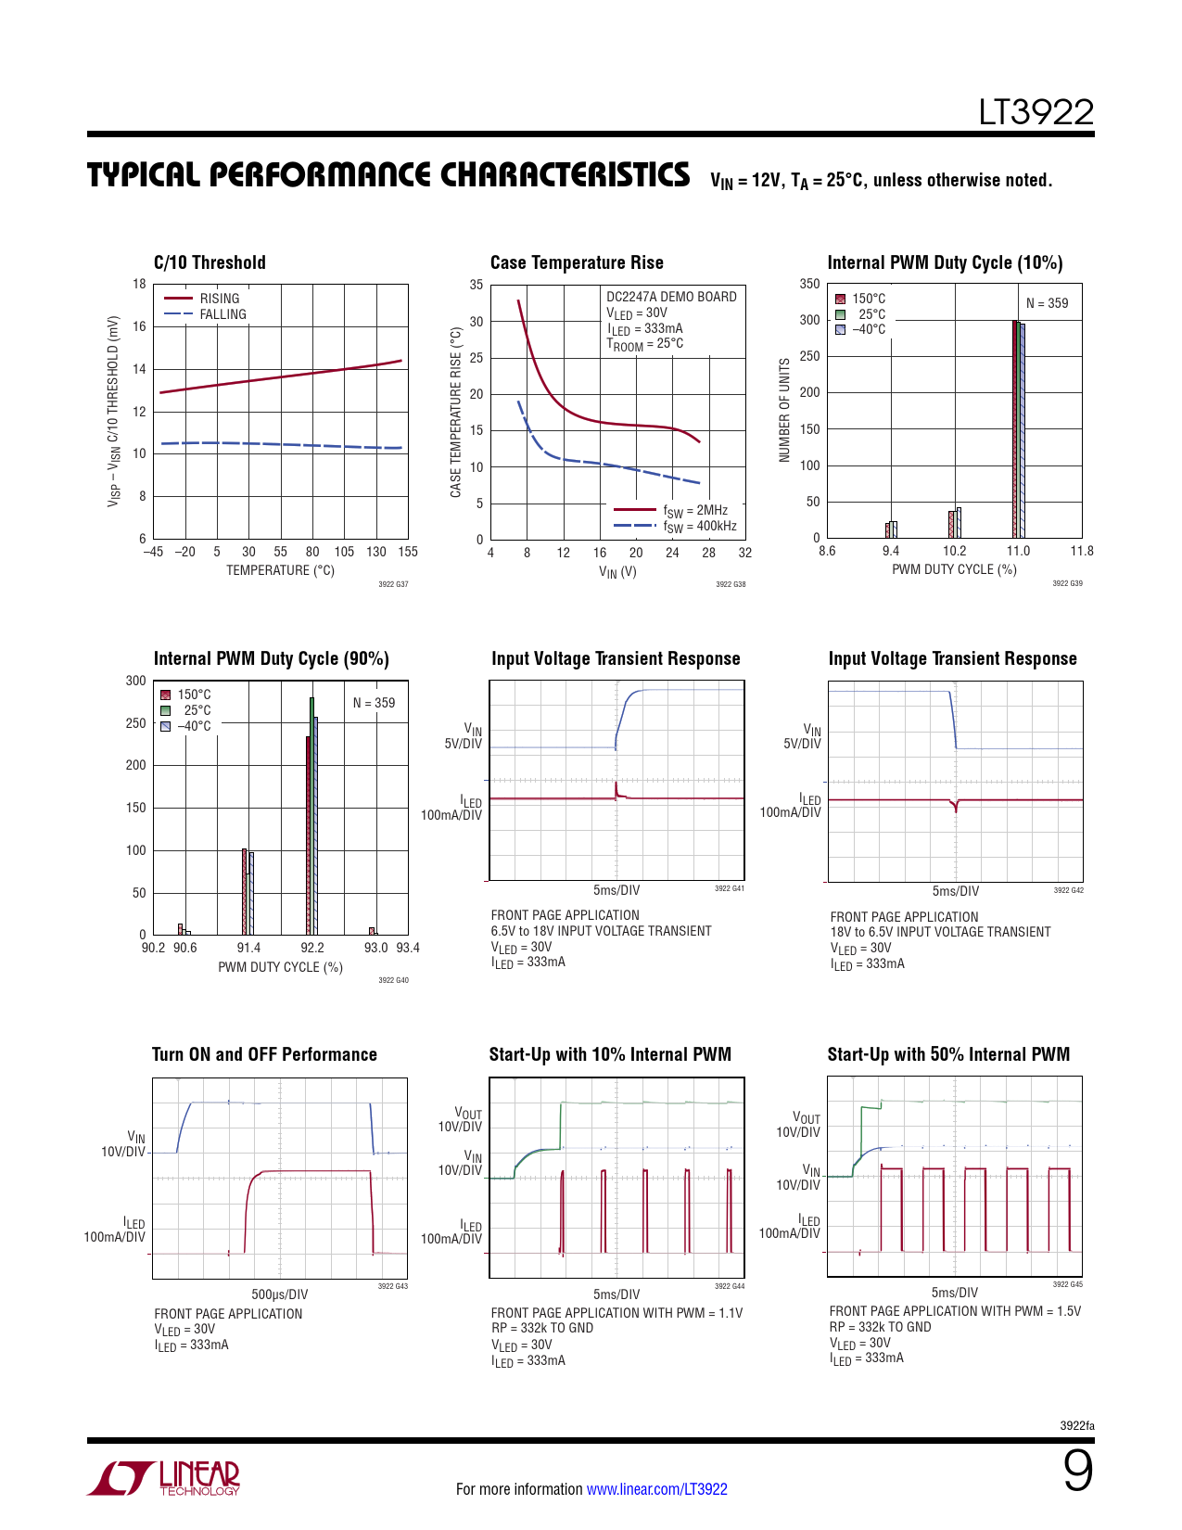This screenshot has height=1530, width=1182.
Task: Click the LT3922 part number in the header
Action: click(1036, 113)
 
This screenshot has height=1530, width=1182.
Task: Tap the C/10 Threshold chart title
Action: click(210, 262)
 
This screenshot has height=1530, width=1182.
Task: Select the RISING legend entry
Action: click(219, 299)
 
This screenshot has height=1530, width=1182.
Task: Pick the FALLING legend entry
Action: click(222, 314)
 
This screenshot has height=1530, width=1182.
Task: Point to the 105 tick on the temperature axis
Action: click(344, 552)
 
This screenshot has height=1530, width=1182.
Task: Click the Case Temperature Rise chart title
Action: click(577, 262)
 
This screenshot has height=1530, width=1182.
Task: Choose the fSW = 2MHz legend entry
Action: click(694, 511)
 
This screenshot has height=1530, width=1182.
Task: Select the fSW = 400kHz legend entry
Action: click(699, 527)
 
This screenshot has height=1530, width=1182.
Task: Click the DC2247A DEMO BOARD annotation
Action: click(671, 297)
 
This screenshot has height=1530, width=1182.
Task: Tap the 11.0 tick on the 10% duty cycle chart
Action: click(1018, 551)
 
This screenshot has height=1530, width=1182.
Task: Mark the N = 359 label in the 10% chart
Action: click(1047, 303)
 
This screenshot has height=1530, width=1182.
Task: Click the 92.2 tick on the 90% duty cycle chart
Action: click(312, 948)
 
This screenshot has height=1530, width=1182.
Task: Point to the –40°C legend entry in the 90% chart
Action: click(194, 726)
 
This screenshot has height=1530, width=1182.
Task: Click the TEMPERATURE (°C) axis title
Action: click(280, 570)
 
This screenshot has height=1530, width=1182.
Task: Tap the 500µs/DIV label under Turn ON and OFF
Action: click(279, 1294)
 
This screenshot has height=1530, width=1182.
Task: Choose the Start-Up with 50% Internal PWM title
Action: click(948, 1054)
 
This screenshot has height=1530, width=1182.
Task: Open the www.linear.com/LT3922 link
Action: click(656, 1489)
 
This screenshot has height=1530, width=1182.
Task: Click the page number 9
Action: click(1077, 1471)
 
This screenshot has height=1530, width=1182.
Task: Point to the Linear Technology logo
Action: click(164, 1477)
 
